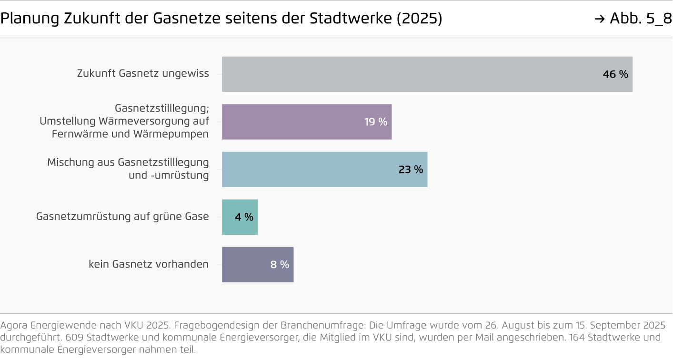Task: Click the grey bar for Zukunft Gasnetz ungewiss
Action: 427,74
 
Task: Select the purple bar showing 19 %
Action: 307,122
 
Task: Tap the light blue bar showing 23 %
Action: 324,170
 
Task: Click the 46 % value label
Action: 615,74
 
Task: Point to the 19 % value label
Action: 376,122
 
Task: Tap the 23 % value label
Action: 411,170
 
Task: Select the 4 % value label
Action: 244,217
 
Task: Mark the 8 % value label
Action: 280,265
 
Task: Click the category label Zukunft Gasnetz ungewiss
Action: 143,74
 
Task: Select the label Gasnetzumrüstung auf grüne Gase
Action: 122,217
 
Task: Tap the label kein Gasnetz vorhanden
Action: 149,264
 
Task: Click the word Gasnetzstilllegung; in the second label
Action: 161,109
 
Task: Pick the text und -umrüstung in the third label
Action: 169,175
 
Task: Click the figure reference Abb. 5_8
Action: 640,19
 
